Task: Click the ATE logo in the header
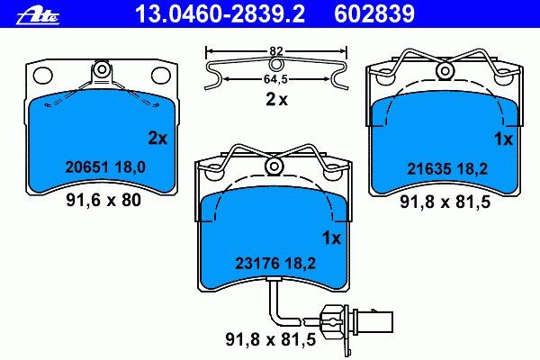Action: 38,16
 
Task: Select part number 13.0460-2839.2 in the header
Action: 220,14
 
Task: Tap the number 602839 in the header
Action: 374,14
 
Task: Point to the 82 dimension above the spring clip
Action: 276,51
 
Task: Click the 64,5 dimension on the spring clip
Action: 275,79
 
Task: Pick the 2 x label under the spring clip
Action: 276,100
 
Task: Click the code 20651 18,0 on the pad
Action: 105,167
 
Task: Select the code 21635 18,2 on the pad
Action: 447,169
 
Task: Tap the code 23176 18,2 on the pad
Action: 275,264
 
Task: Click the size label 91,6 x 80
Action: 103,200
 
